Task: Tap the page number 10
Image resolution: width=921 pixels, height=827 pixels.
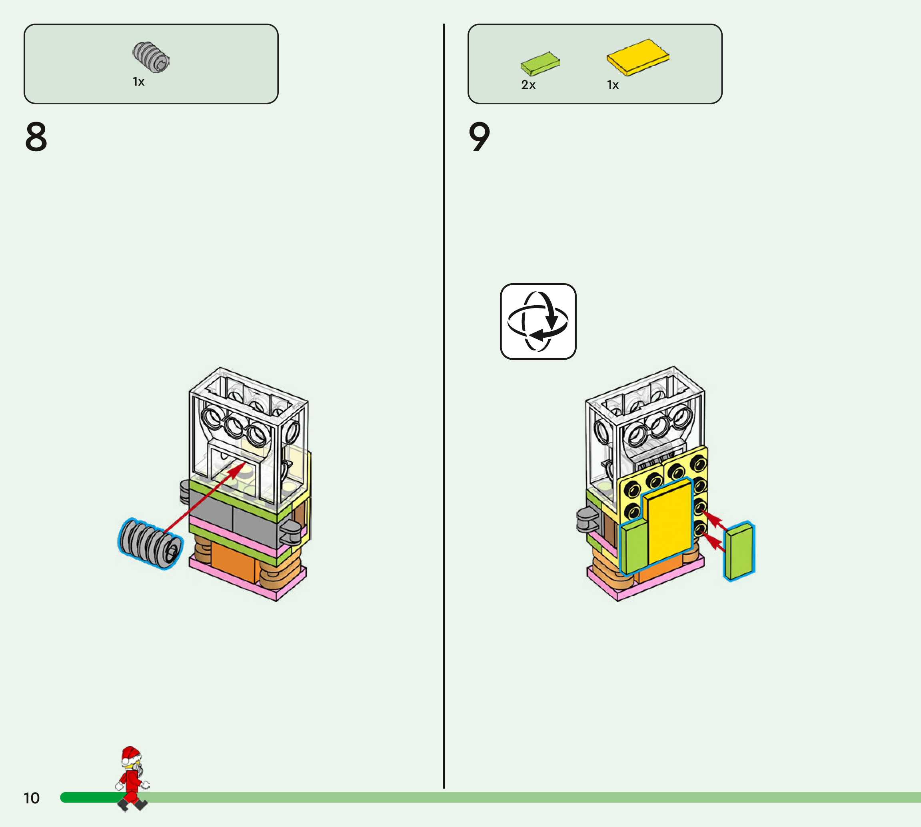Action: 32,798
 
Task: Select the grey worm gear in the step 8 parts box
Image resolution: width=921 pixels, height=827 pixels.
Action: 151,57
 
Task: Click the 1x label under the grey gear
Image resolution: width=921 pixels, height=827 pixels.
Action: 138,82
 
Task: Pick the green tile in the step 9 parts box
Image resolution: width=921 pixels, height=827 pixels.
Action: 540,63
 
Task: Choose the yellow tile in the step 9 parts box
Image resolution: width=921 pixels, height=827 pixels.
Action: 637,57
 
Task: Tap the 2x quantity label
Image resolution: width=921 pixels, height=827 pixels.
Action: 528,85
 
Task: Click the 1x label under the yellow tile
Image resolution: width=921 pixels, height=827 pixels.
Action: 613,85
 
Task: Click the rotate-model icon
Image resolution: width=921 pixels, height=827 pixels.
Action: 538,321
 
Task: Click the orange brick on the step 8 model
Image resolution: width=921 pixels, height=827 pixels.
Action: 234,563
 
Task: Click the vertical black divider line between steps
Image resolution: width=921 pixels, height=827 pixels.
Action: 444,409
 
